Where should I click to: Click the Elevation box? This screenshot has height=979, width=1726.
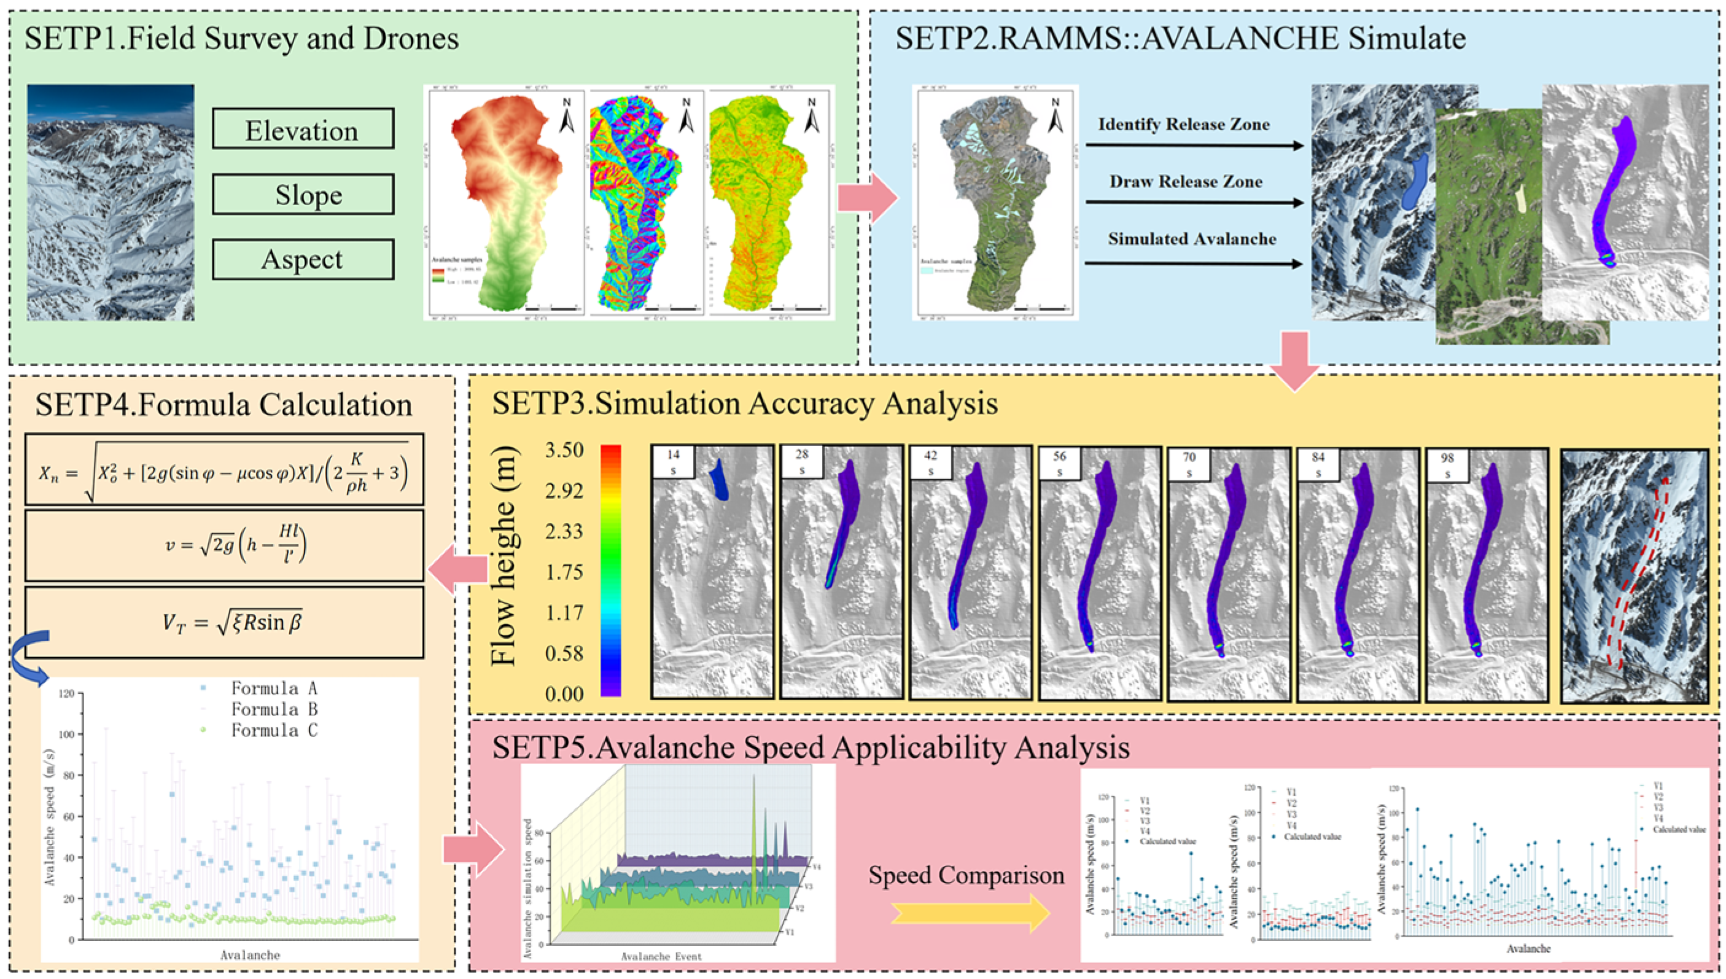point(303,128)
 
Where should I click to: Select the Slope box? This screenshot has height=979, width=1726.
point(303,194)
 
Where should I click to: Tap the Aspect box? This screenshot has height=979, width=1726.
point(303,260)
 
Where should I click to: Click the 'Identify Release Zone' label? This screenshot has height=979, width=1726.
point(1184,125)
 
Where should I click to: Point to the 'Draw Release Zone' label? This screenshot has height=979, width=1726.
point(1186,182)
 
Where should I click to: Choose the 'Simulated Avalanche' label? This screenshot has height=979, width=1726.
point(1192,239)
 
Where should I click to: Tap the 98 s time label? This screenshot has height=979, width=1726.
point(1447,464)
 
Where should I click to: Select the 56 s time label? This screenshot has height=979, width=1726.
point(1060,463)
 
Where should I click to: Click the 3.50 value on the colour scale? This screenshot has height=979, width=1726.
point(564,450)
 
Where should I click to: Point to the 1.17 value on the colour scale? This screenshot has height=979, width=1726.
point(564,612)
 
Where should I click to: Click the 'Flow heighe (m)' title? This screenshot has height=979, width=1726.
point(503,556)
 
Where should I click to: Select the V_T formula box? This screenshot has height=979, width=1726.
point(225,622)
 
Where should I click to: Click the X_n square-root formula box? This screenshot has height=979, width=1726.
point(225,469)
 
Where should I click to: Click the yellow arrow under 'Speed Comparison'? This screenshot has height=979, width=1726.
point(970,913)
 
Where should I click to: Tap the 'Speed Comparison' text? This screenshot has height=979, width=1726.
point(966,875)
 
